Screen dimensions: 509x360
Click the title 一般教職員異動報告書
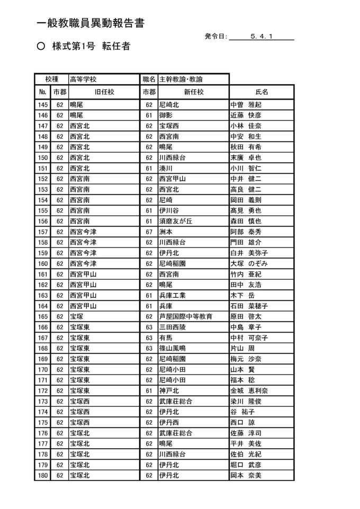click(91, 23)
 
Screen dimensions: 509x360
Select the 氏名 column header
click(262, 92)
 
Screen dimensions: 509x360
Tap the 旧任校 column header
click(104, 92)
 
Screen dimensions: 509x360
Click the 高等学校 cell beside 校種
click(83, 79)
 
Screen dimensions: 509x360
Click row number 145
click(43, 105)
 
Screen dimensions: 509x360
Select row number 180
click(43, 476)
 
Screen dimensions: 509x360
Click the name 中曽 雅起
click(246, 105)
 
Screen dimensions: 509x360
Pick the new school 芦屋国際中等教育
click(186, 317)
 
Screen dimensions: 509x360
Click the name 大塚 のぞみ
click(249, 264)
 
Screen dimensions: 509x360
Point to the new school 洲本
click(166, 232)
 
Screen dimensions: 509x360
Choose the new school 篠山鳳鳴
click(173, 349)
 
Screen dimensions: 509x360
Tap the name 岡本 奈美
click(246, 476)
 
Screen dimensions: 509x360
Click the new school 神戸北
click(169, 391)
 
